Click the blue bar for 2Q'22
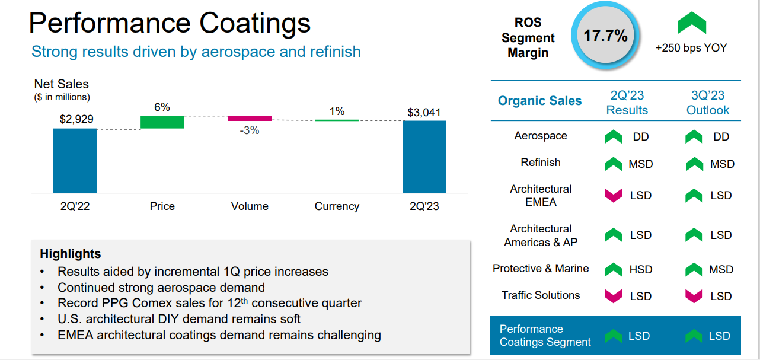[x=75, y=160]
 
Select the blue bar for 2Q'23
[x=424, y=157]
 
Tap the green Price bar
[x=162, y=122]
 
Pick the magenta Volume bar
[x=250, y=118]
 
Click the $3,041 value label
[x=424, y=112]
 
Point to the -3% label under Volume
[x=250, y=130]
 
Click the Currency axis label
[x=337, y=206]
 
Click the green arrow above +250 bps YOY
[x=691, y=23]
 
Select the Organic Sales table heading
[x=539, y=101]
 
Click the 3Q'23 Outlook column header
[x=708, y=103]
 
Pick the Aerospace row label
[x=541, y=136]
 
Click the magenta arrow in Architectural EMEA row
[x=613, y=195]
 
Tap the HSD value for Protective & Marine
[x=640, y=270]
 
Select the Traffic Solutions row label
[x=541, y=295]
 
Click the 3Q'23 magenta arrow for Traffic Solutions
[x=694, y=295]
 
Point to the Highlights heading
[x=71, y=254]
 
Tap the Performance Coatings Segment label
[x=545, y=336]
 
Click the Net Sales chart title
[x=61, y=84]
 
